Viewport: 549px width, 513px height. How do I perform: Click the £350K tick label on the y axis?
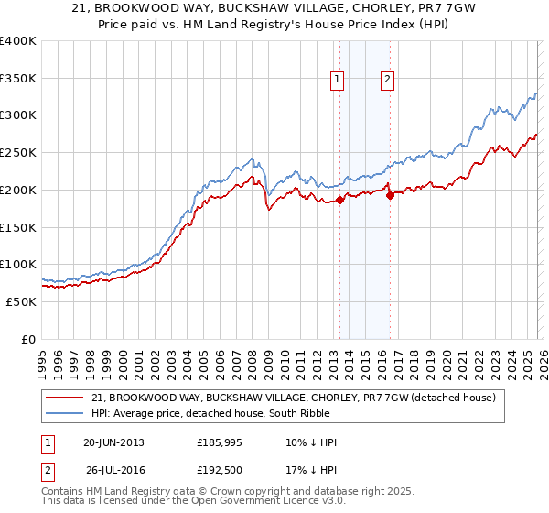coord(18,79)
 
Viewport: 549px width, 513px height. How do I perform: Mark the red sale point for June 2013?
coord(339,200)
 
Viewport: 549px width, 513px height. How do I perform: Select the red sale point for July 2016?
coord(390,195)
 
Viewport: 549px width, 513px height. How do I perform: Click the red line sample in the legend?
coord(64,398)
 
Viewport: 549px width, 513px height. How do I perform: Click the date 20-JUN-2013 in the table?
coord(113,442)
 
